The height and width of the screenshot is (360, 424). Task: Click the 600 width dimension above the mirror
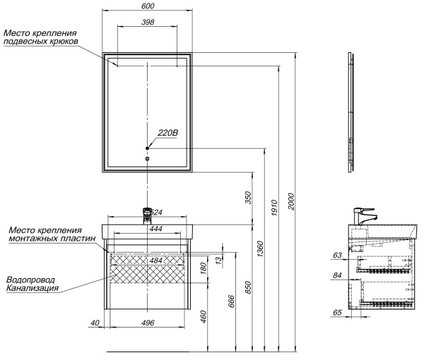[x=148, y=6]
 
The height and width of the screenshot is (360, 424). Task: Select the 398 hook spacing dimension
[x=148, y=22]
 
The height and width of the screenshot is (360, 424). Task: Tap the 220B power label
[x=168, y=133]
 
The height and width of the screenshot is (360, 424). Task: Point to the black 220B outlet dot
[x=148, y=148]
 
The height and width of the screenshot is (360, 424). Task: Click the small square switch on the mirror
[x=148, y=159]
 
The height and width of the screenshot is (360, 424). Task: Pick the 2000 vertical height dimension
[x=291, y=201]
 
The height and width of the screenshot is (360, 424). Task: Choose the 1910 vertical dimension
[x=274, y=208]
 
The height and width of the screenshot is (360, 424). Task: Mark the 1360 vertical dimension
[x=260, y=249]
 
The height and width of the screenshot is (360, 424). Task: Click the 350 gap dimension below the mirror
[x=248, y=198]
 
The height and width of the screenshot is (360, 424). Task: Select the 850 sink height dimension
[x=248, y=287]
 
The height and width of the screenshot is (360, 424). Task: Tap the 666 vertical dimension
[x=232, y=301]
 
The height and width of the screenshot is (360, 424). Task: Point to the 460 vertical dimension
[x=204, y=317]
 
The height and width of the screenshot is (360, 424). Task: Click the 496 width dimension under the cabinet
[x=148, y=323]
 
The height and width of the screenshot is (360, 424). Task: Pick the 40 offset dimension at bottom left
[x=95, y=323]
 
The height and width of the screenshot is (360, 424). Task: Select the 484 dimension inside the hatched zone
[x=156, y=260]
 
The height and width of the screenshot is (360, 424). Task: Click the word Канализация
[x=33, y=288]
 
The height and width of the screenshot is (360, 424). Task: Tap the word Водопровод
[x=30, y=280]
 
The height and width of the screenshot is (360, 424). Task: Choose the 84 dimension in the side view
[x=337, y=275]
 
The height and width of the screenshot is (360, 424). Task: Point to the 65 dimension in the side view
[x=337, y=313]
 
